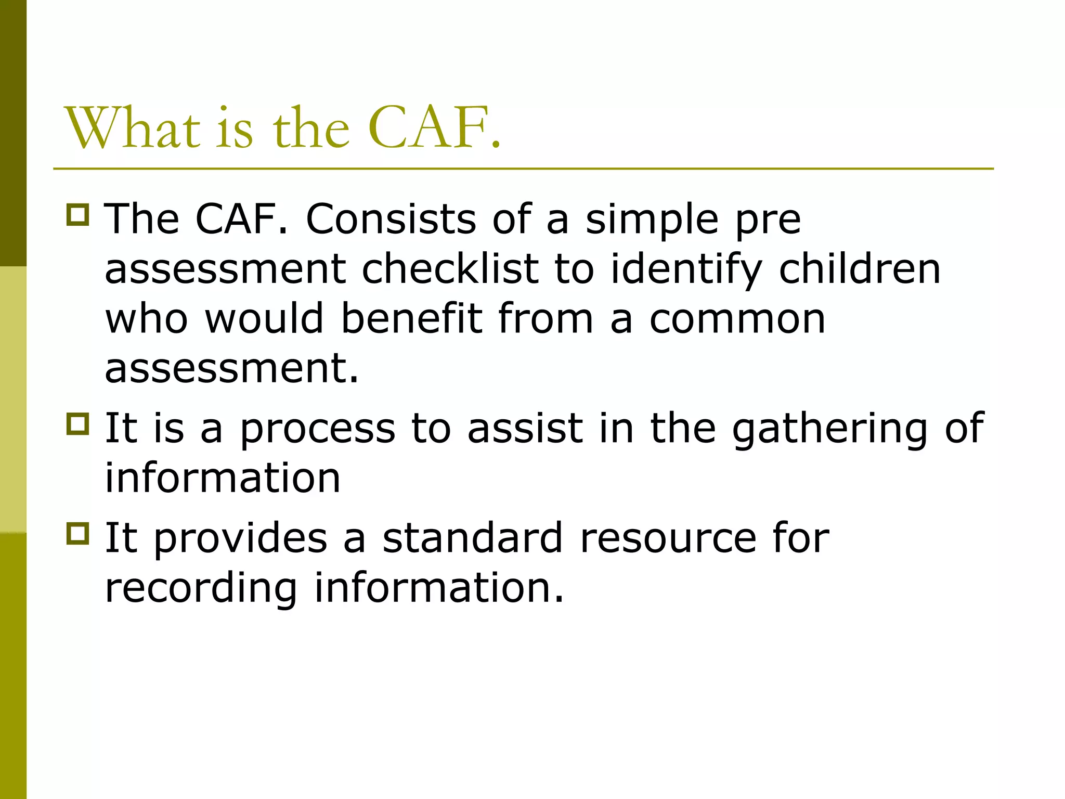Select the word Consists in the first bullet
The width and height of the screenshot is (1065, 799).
(391, 219)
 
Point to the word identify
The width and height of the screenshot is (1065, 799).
(686, 270)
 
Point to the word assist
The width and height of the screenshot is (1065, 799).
(525, 429)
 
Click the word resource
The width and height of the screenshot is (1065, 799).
(668, 539)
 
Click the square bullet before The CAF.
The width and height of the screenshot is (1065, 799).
(78, 214)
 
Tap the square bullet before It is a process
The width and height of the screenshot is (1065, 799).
(78, 423)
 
